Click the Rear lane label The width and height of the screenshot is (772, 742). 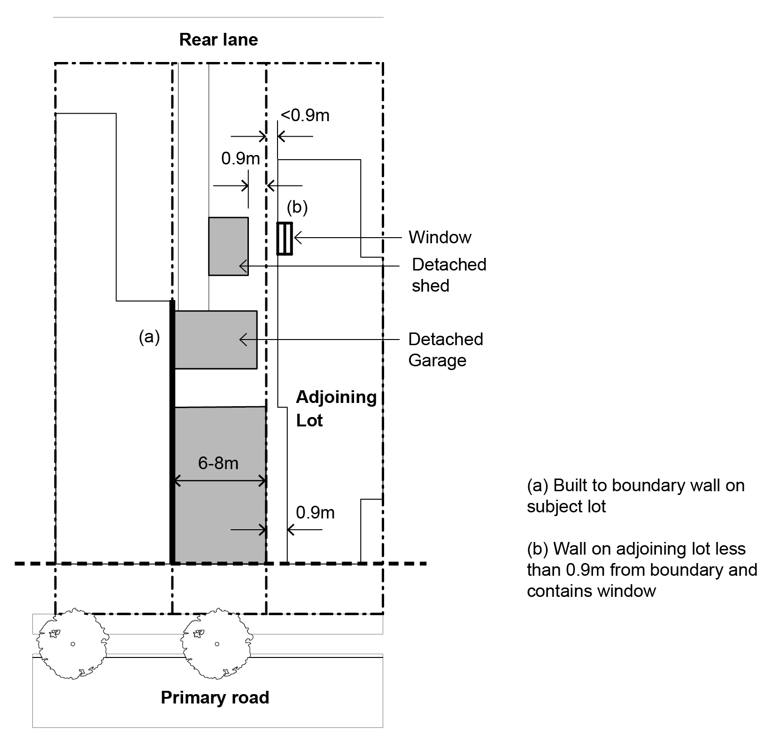point(218,40)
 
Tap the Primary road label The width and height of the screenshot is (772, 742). point(215,697)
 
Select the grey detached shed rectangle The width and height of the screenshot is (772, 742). point(228,246)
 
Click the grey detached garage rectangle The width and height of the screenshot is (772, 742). point(216,340)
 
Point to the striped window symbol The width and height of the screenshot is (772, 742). point(285,239)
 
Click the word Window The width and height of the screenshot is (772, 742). point(440,237)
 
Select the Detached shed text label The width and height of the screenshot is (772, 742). point(448,275)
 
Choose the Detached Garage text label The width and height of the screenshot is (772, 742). point(445,349)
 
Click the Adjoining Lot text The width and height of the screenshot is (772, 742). point(335,408)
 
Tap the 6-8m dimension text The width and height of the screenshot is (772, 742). point(218,464)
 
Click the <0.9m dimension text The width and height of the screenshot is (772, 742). point(305,116)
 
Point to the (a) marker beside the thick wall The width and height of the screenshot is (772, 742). point(149,337)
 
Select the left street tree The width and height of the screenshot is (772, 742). point(73,643)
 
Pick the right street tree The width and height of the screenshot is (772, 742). point(216,643)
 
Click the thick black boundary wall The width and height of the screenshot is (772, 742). point(172,432)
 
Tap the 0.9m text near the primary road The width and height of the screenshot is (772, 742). point(315,512)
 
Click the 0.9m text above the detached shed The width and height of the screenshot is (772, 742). point(240,159)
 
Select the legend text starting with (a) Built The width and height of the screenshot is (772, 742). point(635,496)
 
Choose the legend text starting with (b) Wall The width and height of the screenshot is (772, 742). point(641,570)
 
